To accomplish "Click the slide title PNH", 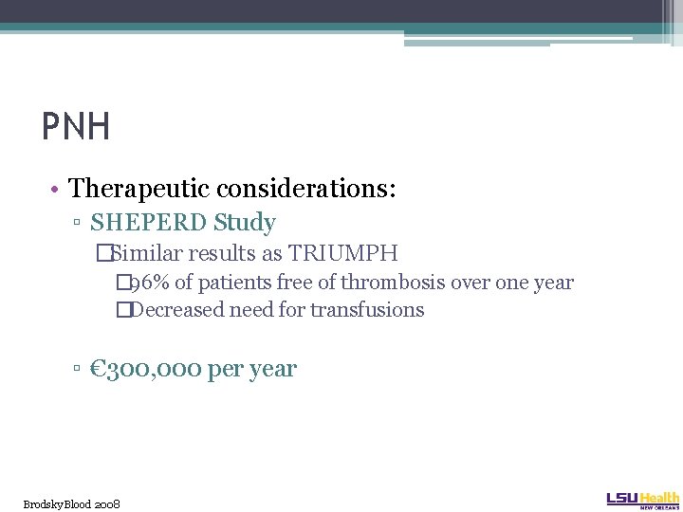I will (76, 126).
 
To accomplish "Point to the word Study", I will (245, 224).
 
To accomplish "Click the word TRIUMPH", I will (343, 254).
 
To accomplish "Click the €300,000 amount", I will (146, 369).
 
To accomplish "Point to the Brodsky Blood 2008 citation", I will (72, 503).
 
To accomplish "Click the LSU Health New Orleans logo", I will (642, 500).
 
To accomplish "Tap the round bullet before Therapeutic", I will (58, 189).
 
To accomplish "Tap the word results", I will (226, 254).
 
